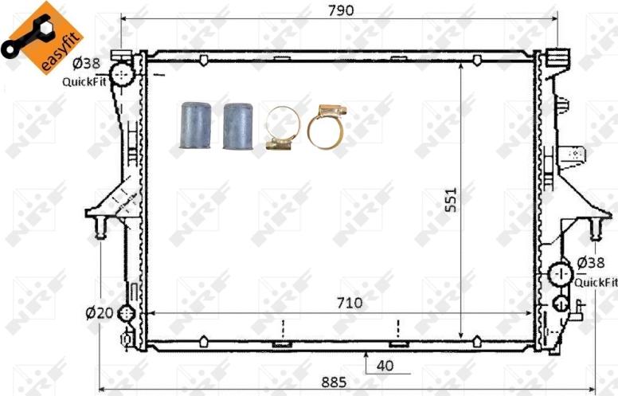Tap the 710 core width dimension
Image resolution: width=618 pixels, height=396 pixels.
(349, 303)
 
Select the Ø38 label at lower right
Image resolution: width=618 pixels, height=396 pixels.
(593, 262)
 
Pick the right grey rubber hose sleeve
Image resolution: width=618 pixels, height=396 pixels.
(237, 125)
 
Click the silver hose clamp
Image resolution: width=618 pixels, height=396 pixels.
(281, 128)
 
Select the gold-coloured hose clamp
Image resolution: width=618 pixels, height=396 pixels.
(327, 127)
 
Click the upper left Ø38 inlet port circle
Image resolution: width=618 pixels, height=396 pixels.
(122, 77)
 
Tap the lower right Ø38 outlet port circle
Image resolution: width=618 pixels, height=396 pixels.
(561, 275)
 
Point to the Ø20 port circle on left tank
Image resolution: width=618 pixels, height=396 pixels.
(127, 313)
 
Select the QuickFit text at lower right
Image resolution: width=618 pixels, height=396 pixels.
(596, 282)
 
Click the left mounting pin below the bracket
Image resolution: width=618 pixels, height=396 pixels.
(100, 228)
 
